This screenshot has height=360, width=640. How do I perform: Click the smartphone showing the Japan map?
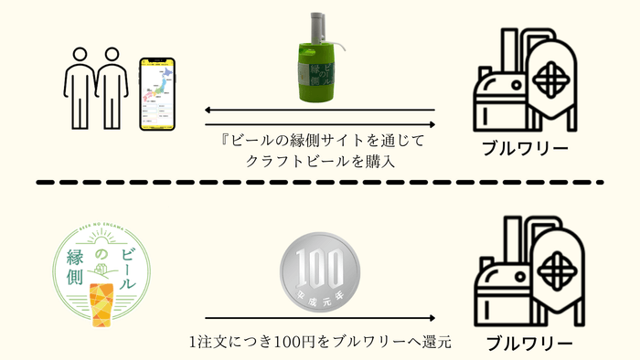[x=155, y=94]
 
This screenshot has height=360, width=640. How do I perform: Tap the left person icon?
[x=80, y=88]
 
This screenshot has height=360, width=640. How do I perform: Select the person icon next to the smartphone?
[x=112, y=88]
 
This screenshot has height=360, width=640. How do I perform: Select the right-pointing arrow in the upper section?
[x=319, y=124]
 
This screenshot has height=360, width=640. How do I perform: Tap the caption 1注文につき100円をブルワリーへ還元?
[x=319, y=343]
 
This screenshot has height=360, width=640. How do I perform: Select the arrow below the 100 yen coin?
[x=319, y=319]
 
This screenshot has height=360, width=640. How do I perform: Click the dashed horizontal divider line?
[x=319, y=183]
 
